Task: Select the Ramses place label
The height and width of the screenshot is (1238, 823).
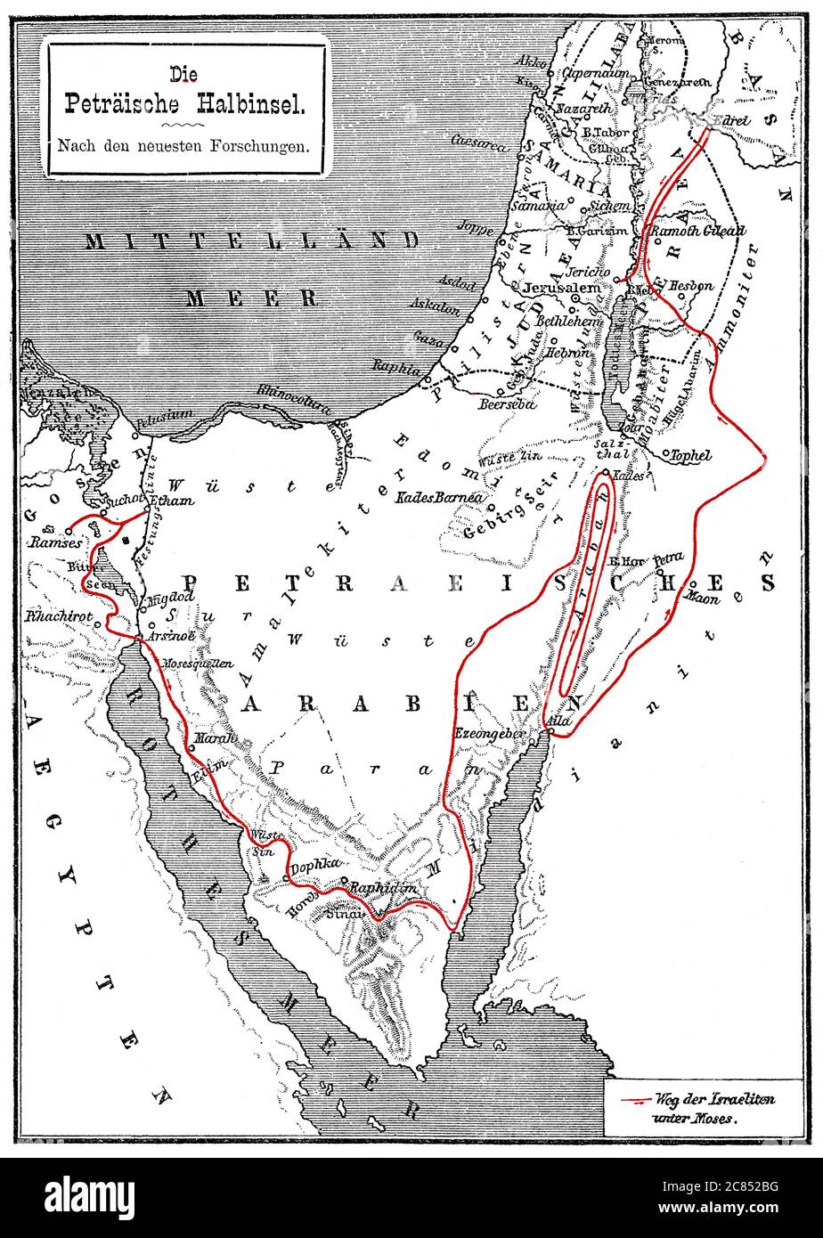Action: point(56,542)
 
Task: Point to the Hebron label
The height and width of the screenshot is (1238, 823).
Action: point(568,353)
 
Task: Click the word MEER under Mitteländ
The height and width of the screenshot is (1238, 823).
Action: point(251,297)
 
